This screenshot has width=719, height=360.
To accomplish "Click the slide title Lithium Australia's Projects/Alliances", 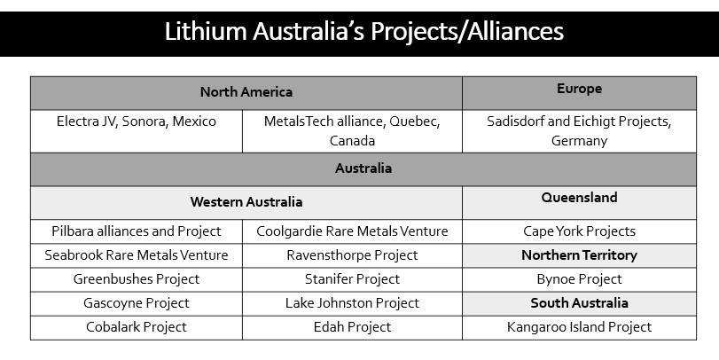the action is pos(363,32).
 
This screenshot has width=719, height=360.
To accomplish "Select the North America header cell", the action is pos(246,92).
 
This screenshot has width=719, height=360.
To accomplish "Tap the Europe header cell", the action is pos(579,92).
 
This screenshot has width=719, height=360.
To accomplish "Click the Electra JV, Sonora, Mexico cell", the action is pos(137,131).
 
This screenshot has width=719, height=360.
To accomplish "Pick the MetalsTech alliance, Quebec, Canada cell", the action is pos(352,131).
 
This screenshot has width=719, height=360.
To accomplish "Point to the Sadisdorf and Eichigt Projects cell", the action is pos(579,131).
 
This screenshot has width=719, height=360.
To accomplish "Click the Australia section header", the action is pos(363,168).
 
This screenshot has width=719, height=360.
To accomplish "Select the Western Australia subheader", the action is pos(246,202).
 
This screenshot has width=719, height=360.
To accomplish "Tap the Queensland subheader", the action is pos(579,202).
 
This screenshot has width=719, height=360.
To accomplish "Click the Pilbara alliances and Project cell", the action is pos(137,231).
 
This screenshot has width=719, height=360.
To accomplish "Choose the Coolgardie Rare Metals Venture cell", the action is pos(352,231).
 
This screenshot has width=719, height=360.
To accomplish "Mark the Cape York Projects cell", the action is pos(579,231).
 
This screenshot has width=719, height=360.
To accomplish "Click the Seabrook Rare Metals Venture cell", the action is pos(137,255).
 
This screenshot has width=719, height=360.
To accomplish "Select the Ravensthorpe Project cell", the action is pos(352,255).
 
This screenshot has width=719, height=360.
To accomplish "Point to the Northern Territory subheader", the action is pos(579,255).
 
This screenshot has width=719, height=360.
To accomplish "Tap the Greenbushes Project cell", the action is pos(137,279).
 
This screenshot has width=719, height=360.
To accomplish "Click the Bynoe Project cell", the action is pos(579,279).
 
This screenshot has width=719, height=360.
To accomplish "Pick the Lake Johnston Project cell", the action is pos(352,303).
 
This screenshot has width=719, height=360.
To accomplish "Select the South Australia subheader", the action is pos(579,303).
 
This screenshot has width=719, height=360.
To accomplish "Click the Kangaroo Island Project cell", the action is pos(579,327).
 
